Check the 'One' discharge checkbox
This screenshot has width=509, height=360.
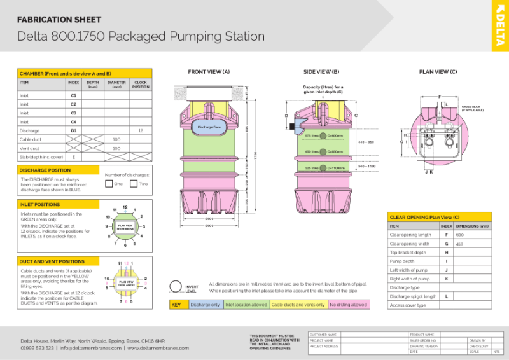click(109, 184)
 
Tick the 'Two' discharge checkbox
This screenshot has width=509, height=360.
click(134, 184)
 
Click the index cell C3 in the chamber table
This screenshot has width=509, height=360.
click(73, 113)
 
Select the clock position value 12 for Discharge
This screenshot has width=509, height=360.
click(140, 130)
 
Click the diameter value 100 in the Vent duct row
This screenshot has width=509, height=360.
click(116, 148)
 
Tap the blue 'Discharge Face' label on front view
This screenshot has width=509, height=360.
click(209, 127)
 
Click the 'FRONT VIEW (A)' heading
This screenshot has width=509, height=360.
click(209, 72)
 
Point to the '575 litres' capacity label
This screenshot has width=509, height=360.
click(312, 135)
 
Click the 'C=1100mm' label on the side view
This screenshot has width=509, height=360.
click(335, 168)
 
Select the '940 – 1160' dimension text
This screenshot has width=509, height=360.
click(366, 165)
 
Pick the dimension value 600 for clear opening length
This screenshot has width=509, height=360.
click(459, 235)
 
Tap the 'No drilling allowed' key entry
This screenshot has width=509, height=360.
click(348, 305)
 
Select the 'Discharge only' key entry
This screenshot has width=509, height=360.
click(205, 305)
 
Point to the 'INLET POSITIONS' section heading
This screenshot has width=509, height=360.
click(39, 204)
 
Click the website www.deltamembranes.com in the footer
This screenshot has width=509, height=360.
click(158, 348)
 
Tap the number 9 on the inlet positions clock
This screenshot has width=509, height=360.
click(106, 226)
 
